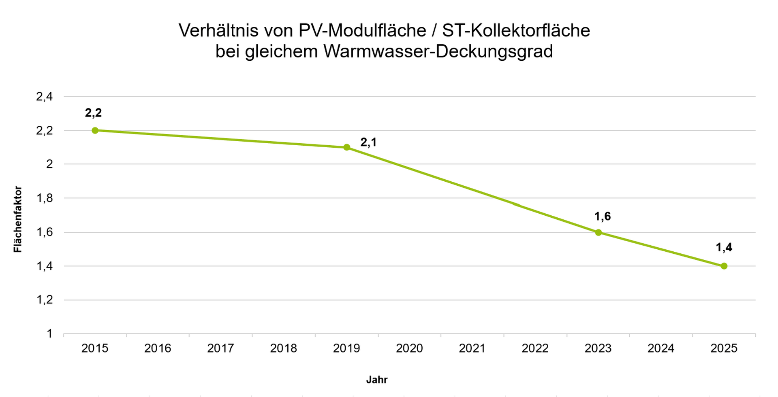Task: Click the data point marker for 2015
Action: pos(95,130)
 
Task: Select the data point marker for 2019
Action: pos(347,147)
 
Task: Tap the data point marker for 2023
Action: pos(598,232)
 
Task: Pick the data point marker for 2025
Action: pos(724,266)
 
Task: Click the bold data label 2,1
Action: pos(368,142)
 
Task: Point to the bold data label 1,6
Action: pos(602,217)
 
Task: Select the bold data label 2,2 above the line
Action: pos(93,113)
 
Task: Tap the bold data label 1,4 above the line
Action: pos(724,247)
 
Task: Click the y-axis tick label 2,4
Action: pos(45,97)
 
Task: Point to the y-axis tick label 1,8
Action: pos(45,198)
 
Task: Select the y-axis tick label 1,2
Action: pos(45,300)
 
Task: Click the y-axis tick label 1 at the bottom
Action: pos(49,334)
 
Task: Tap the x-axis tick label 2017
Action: pos(221,348)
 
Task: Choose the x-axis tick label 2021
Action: pos(472,348)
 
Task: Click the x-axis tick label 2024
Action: pos(661,348)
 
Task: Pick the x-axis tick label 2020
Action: pos(410,348)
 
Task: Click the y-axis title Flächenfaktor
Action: pos(17,219)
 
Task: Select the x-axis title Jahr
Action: pos(377,380)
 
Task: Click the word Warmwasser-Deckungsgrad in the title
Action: pos(438,52)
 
